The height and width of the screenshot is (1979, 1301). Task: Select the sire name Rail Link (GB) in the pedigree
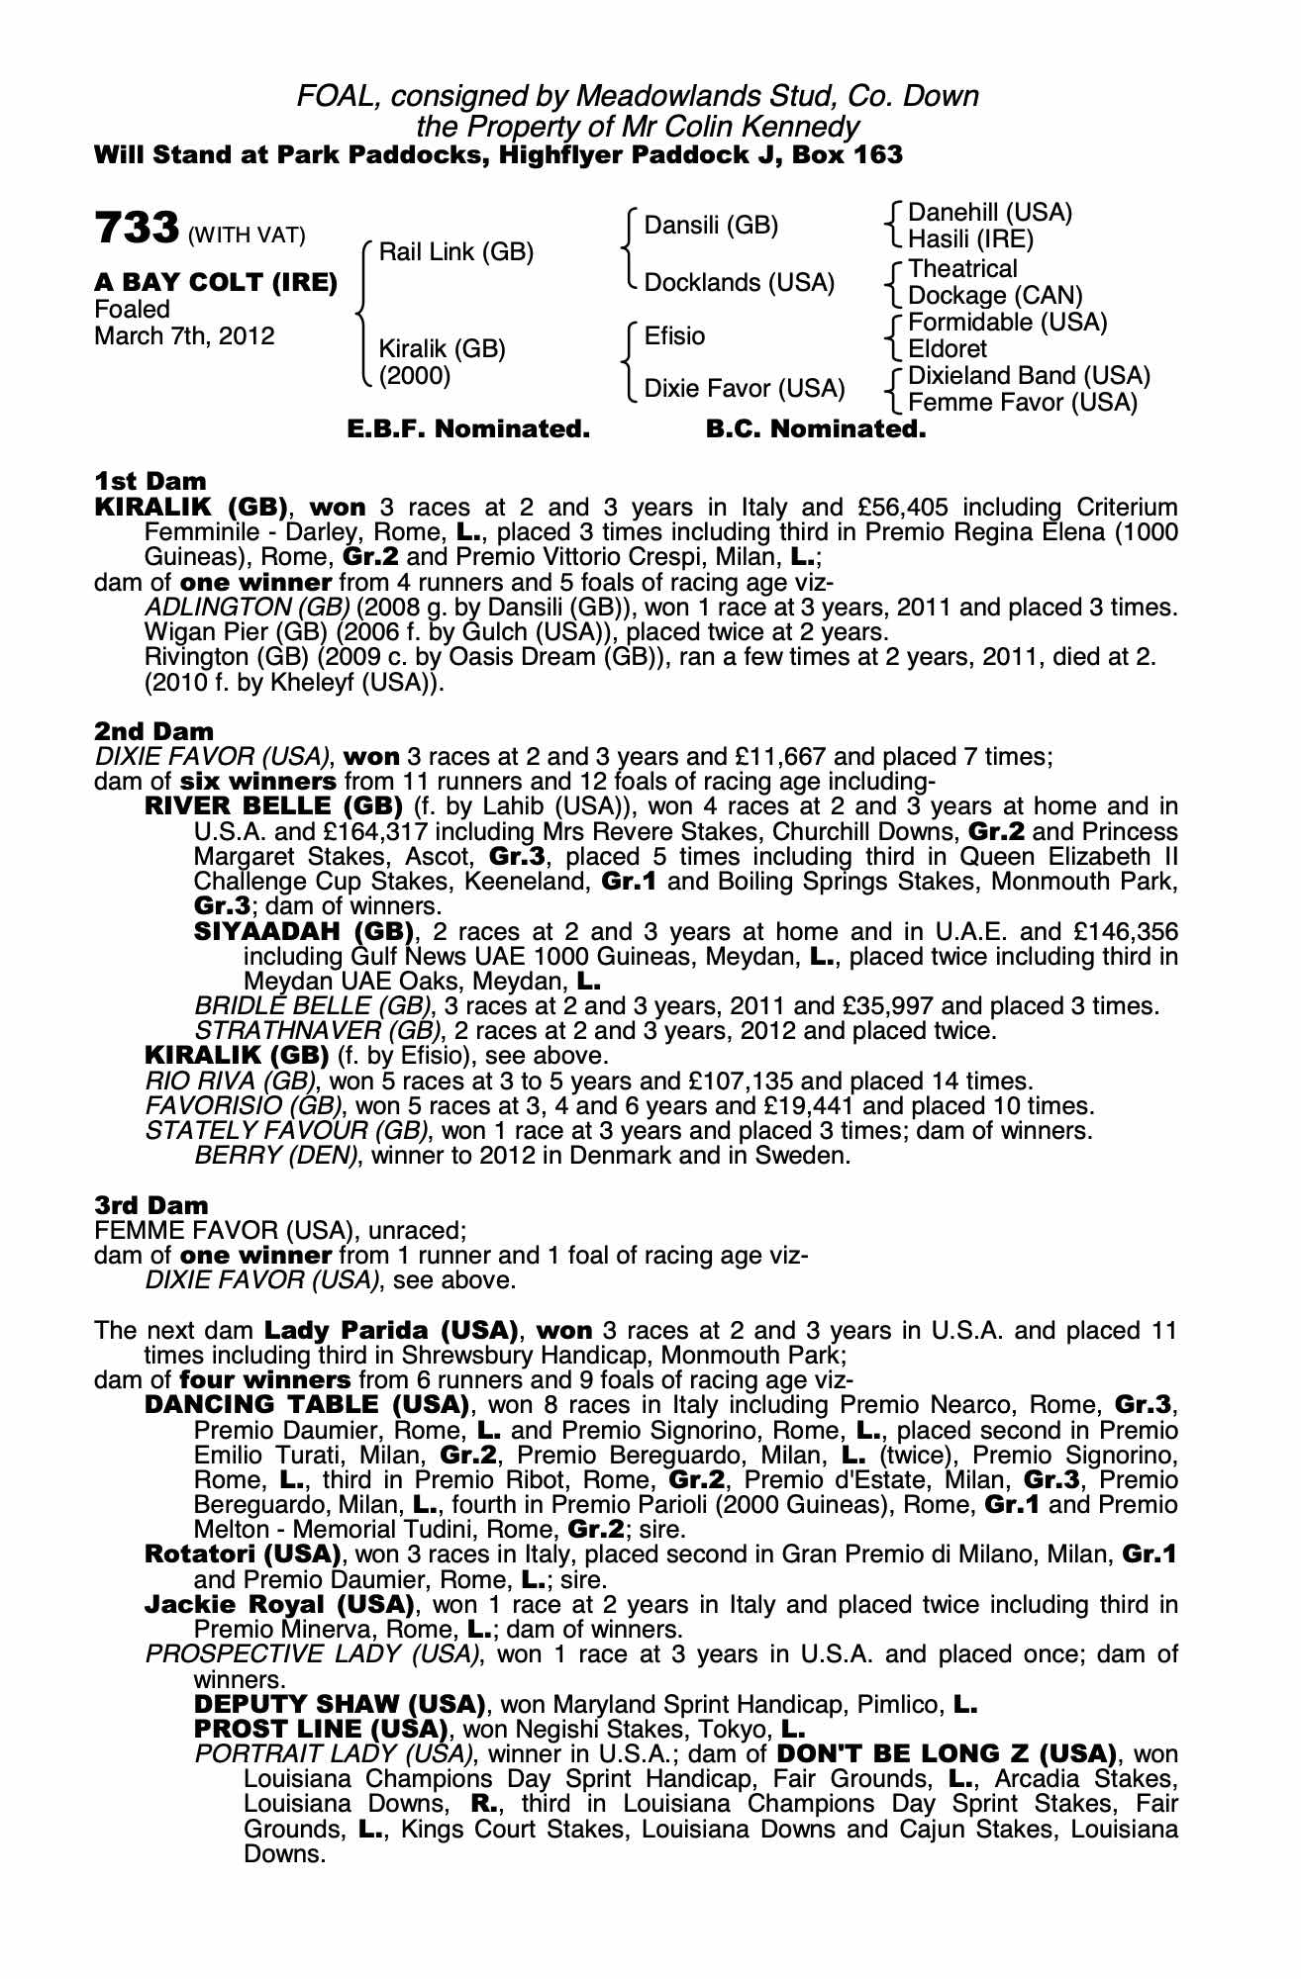point(455,252)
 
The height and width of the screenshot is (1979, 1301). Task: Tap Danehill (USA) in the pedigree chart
point(989,213)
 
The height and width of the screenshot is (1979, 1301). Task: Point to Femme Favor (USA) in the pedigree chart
point(1022,403)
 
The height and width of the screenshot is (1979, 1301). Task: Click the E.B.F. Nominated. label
point(468,429)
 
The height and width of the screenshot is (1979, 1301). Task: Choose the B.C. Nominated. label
point(816,429)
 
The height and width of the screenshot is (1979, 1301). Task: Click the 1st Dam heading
point(150,482)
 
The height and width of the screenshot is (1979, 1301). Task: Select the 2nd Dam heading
point(153,731)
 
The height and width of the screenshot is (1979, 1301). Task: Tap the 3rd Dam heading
point(151,1205)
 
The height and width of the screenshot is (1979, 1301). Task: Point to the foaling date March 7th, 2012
point(184,336)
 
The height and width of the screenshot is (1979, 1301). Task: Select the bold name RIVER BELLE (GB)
point(273,806)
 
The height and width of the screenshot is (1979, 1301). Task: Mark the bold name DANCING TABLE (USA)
point(306,1405)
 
